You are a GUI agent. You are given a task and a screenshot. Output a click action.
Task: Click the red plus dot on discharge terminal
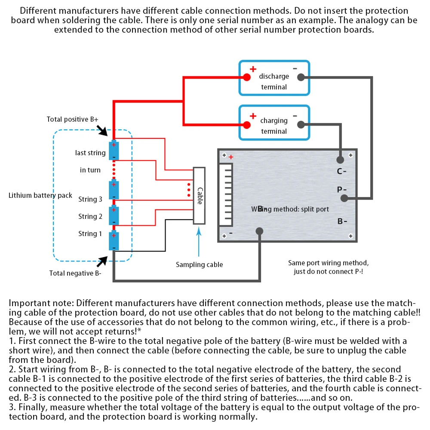[x=246, y=77]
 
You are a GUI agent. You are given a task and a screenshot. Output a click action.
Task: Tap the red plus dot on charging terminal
[x=246, y=125]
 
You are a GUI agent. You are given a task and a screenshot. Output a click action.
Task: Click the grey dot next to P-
[x=344, y=198]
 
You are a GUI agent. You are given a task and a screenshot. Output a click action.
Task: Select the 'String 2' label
[x=90, y=216]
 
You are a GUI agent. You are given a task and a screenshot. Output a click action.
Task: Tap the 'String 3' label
[x=90, y=199]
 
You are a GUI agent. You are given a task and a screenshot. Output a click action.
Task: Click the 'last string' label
[x=90, y=153]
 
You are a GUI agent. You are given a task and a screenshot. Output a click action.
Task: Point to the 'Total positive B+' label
[x=73, y=119]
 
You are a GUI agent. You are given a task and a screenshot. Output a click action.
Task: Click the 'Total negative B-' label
[x=75, y=273]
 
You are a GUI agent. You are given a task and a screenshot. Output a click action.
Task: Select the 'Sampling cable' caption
[x=200, y=264]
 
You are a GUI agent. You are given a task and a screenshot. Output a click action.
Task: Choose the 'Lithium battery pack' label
[x=40, y=195]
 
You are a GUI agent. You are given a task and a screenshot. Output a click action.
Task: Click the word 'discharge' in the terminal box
[x=274, y=76]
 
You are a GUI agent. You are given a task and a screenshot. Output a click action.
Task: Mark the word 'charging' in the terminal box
[x=274, y=120]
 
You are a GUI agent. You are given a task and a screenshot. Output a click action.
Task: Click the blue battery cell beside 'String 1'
[x=114, y=241]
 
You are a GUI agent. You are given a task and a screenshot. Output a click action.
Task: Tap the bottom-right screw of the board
[x=351, y=235]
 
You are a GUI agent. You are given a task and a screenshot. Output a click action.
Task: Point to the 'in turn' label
[x=90, y=170]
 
